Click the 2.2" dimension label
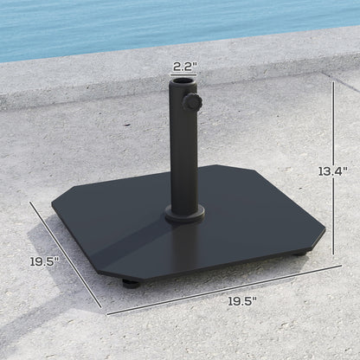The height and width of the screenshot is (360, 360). pos(183,65)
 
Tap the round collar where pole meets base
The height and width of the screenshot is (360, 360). pos(184,215)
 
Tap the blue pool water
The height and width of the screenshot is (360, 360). pos(173,22)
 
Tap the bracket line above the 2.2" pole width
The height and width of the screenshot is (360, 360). pos(183,75)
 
